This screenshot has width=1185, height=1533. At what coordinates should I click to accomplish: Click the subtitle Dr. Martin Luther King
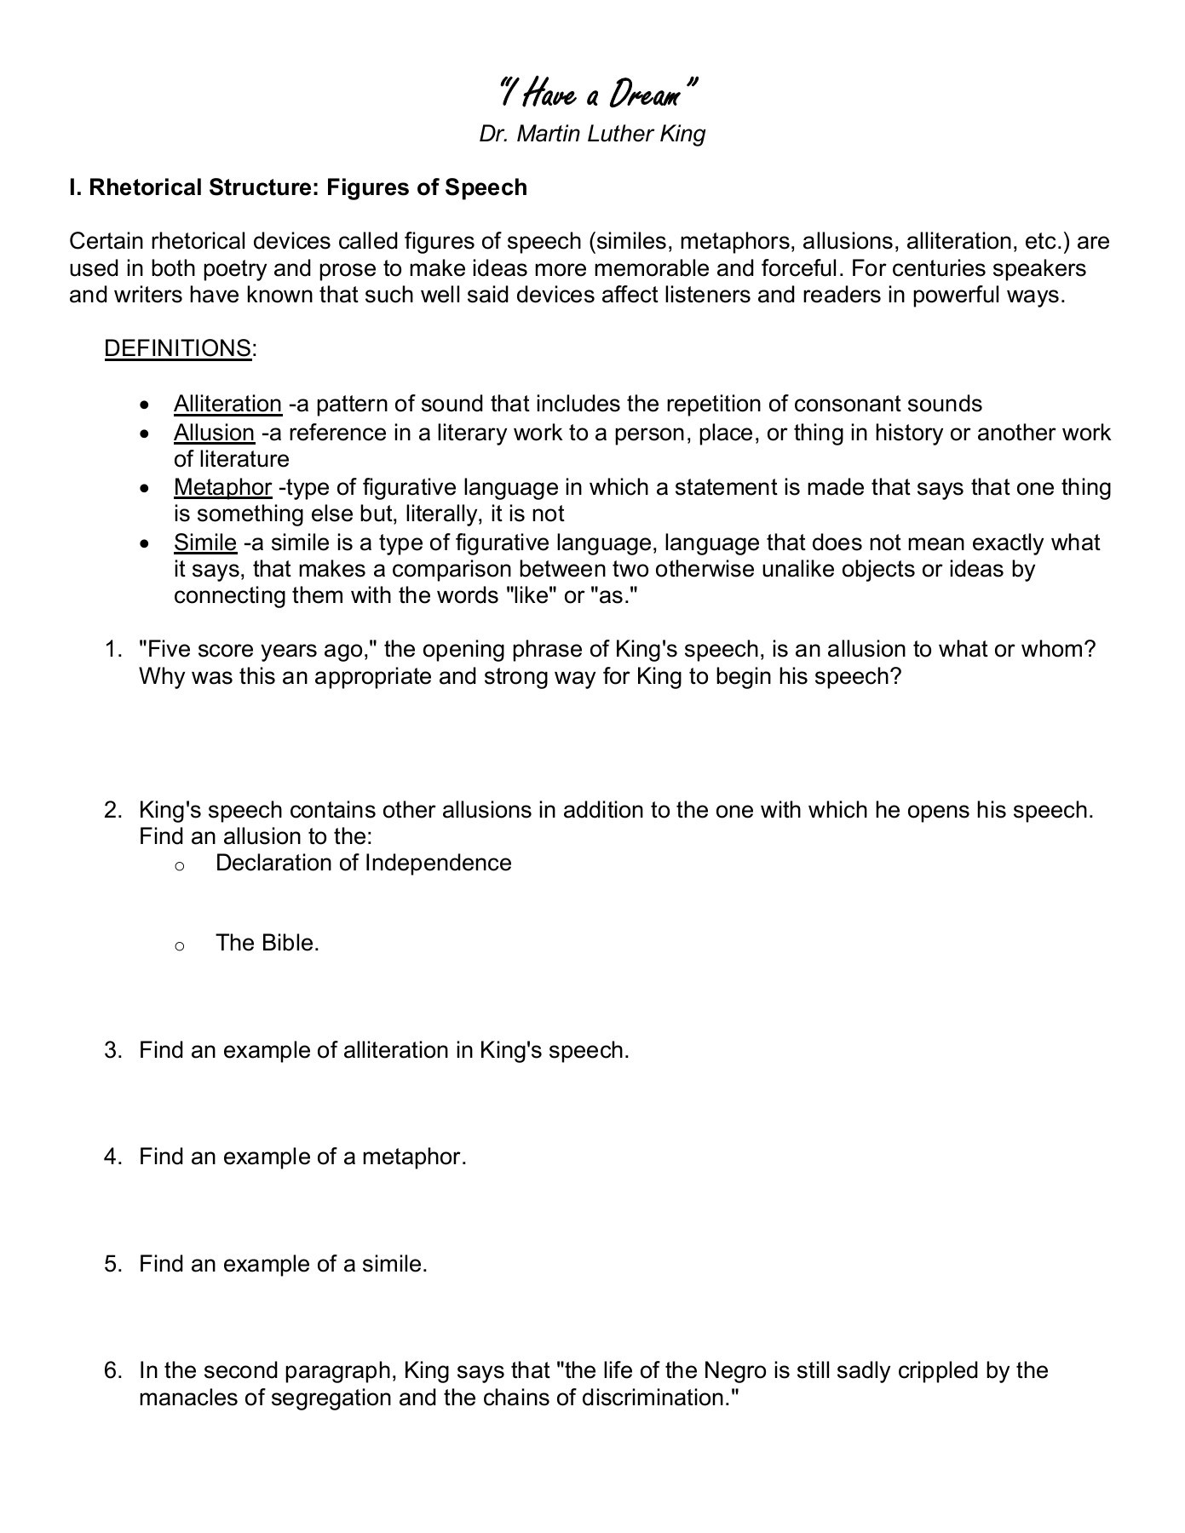pyautogui.click(x=592, y=134)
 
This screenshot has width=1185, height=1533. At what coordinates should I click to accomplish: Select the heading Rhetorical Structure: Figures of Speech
pyautogui.click(x=298, y=187)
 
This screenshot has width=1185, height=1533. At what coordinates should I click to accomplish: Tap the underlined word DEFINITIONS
pyautogui.click(x=177, y=348)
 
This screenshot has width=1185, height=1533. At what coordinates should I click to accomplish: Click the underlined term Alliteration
pyautogui.click(x=227, y=404)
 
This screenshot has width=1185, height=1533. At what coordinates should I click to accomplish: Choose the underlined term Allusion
pyautogui.click(x=214, y=433)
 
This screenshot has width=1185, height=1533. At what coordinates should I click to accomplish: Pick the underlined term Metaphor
pyautogui.click(x=222, y=487)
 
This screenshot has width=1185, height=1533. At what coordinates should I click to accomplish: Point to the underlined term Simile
pyautogui.click(x=204, y=543)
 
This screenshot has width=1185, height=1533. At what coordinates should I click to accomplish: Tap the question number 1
pyautogui.click(x=112, y=650)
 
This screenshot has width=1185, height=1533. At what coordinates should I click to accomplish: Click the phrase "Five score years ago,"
pyautogui.click(x=258, y=650)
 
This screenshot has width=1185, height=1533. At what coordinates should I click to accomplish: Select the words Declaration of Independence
pyautogui.click(x=363, y=863)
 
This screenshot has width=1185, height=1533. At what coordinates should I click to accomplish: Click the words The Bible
pyautogui.click(x=267, y=943)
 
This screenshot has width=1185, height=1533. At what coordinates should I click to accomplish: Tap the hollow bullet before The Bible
pyautogui.click(x=179, y=944)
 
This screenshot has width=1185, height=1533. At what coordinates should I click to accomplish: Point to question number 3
pyautogui.click(x=112, y=1050)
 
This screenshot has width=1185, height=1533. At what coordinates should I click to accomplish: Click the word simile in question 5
pyautogui.click(x=393, y=1264)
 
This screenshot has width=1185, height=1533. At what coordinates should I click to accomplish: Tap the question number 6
pyautogui.click(x=112, y=1370)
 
